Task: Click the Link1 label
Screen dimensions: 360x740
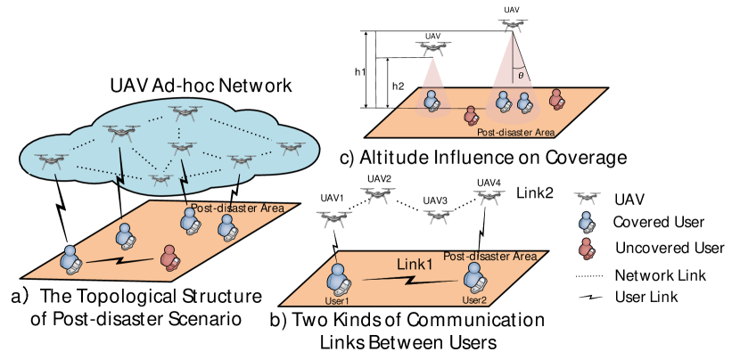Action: [x=414, y=265]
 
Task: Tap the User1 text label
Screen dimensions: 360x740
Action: [x=336, y=300]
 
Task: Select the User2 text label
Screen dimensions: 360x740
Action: [x=474, y=300]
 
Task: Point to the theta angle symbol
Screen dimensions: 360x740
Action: [x=521, y=76]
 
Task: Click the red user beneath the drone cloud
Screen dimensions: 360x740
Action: [x=169, y=258]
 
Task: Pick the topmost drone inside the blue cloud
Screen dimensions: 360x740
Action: [x=184, y=112]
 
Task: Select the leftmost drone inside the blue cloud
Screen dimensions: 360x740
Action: [x=51, y=160]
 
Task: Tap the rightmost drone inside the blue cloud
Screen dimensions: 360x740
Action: [x=291, y=148]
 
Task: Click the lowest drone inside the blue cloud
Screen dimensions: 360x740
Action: [x=160, y=180]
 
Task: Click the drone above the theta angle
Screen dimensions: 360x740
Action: [x=512, y=26]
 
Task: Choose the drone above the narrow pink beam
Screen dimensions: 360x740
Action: [x=432, y=48]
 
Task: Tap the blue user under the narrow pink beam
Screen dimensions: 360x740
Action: [x=432, y=100]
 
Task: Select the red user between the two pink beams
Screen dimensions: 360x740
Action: [x=471, y=115]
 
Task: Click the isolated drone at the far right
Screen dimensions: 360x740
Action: [x=587, y=198]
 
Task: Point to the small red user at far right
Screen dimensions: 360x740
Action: [x=586, y=248]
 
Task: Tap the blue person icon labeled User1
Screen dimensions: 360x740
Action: [x=337, y=280]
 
